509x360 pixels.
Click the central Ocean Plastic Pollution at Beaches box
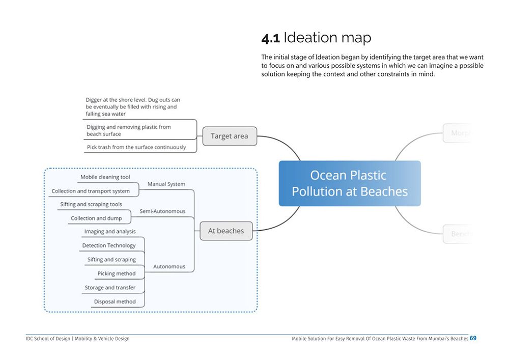(x=350, y=183)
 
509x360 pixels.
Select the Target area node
(x=230, y=136)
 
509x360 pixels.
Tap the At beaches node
(x=226, y=231)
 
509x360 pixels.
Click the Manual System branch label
(x=166, y=184)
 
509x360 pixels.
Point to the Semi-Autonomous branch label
(x=162, y=211)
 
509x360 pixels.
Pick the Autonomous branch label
(x=169, y=266)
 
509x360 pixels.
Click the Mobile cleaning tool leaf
(x=105, y=177)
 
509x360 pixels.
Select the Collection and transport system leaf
(x=91, y=191)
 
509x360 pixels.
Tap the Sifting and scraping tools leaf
(x=91, y=204)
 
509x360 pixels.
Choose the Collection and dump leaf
(x=96, y=218)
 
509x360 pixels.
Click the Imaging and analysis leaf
(x=110, y=231)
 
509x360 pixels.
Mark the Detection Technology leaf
(x=109, y=245)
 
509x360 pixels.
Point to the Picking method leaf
(x=117, y=273)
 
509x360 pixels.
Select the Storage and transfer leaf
(x=110, y=288)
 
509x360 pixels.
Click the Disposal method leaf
(x=115, y=301)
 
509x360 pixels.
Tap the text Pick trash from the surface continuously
(x=136, y=147)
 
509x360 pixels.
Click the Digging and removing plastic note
(x=128, y=130)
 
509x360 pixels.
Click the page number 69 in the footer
(x=473, y=338)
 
